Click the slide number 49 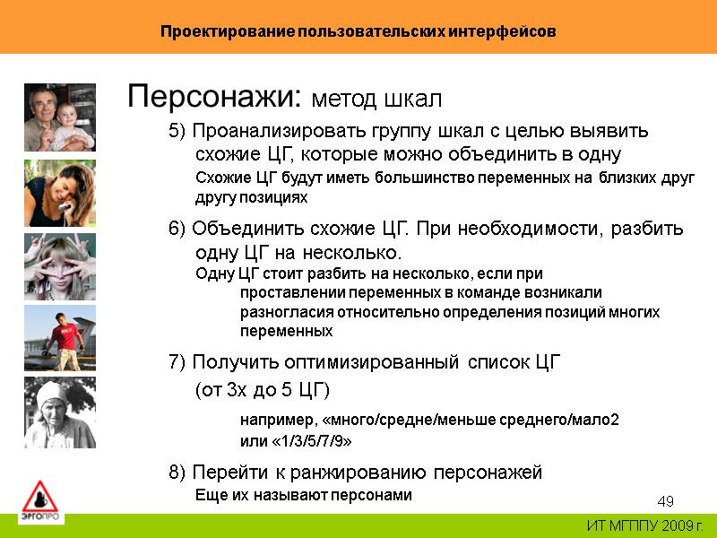[x=665, y=500]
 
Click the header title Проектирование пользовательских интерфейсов [x=358, y=31]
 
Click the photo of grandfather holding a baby [x=59, y=117]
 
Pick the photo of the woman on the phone [x=59, y=192]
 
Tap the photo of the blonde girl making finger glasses [x=59, y=266]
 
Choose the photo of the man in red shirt [x=59, y=338]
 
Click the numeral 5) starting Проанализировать [x=177, y=131]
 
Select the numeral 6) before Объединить [x=177, y=228]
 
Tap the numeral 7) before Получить [x=177, y=362]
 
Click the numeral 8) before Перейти [x=177, y=472]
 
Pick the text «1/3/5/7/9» [x=296, y=441]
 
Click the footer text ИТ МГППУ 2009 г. [x=644, y=525]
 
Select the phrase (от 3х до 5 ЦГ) [x=263, y=390]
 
